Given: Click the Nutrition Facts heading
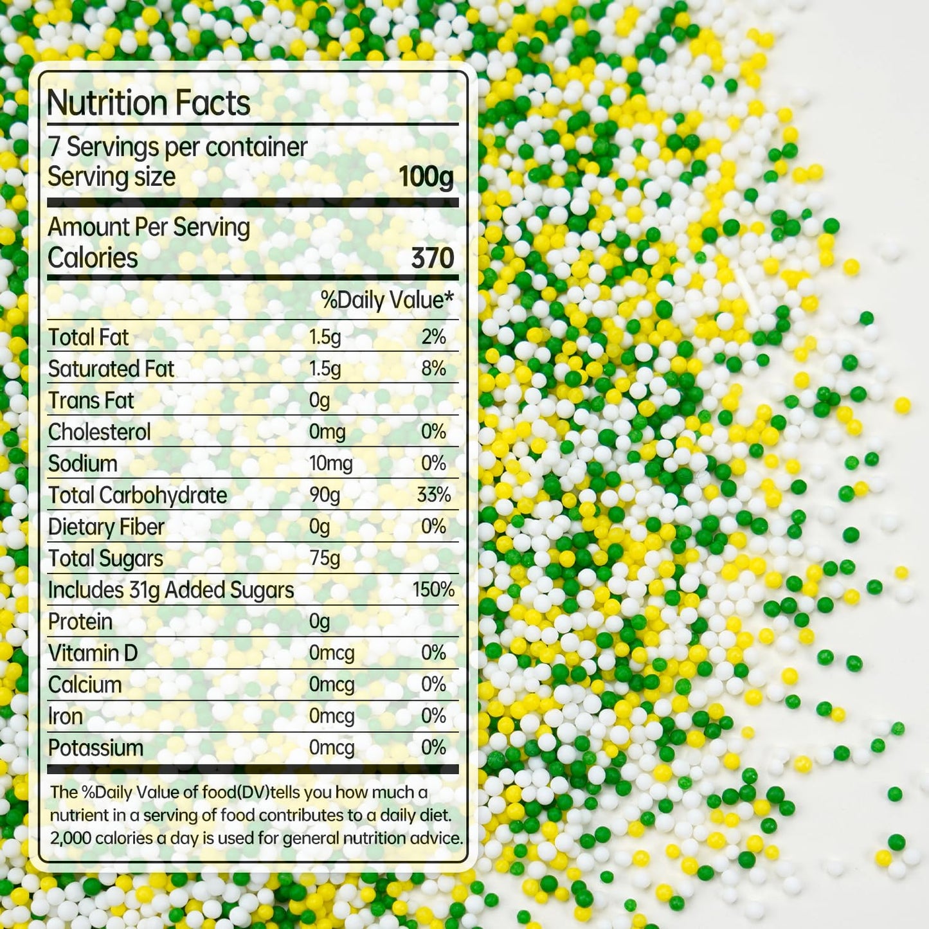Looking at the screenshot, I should (x=149, y=103).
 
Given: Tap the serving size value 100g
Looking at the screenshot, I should (x=426, y=177).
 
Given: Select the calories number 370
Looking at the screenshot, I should (x=433, y=258).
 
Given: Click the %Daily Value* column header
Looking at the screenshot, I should (x=387, y=300).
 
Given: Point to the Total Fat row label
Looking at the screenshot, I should (x=88, y=338).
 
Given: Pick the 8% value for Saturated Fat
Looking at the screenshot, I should (x=433, y=368).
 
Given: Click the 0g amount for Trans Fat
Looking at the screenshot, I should (x=319, y=401).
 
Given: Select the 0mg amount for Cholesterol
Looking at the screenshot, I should (x=327, y=432).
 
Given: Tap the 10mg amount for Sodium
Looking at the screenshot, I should (x=330, y=464).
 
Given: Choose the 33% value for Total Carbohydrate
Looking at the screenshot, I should (x=433, y=495).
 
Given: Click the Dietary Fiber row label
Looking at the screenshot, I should (x=106, y=527).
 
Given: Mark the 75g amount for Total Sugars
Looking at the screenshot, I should (x=324, y=558).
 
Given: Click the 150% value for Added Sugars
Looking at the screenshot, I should (x=433, y=590).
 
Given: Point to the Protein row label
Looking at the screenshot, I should (x=80, y=622).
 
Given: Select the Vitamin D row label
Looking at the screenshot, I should (x=93, y=653).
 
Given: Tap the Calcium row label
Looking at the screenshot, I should (x=85, y=685).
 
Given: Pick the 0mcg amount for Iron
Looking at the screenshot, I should (x=331, y=716).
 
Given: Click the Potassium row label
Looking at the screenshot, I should (x=96, y=748).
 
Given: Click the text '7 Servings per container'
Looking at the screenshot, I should (x=177, y=147).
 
